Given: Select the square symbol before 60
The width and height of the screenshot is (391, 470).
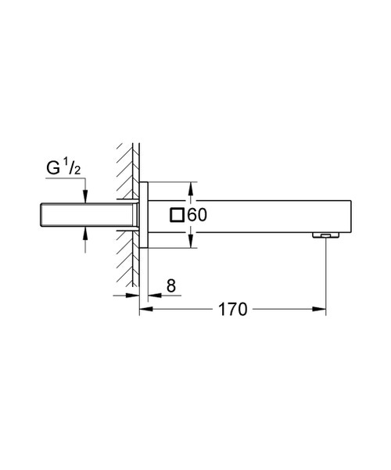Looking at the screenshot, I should click(178, 215).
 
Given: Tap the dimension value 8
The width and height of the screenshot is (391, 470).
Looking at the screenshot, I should click(170, 287).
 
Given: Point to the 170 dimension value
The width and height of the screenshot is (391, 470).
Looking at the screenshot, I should click(231, 310).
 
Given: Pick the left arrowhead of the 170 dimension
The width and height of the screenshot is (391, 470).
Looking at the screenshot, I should click(144, 310).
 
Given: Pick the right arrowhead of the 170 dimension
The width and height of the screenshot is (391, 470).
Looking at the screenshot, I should click(321, 310).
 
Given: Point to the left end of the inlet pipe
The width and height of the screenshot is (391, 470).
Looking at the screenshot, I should click(39, 215).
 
